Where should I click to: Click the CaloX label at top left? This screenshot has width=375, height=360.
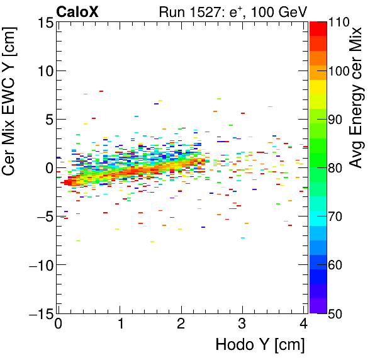pos(79,11)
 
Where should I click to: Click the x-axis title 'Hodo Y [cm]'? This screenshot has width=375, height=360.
pos(260,345)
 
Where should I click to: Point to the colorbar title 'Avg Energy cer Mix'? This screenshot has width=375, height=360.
pos(356,98)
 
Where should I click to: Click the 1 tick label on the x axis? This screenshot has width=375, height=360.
pos(120,324)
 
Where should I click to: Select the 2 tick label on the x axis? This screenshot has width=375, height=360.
pos(181,324)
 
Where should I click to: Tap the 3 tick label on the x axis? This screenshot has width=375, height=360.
pos(242,324)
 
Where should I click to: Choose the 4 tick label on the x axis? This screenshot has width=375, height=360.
pos(304,324)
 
